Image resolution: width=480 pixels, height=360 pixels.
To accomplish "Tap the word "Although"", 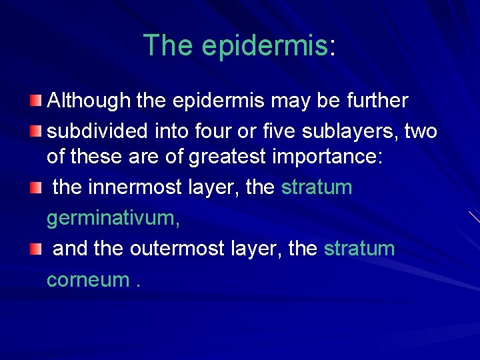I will [x=89, y=101].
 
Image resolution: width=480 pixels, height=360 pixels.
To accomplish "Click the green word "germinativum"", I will [x=111, y=218].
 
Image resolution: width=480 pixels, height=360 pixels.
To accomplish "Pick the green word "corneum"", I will [x=87, y=279].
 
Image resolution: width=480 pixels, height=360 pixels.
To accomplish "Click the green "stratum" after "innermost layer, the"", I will [x=317, y=187].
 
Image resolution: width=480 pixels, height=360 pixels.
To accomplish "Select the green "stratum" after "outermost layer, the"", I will [x=359, y=249].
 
